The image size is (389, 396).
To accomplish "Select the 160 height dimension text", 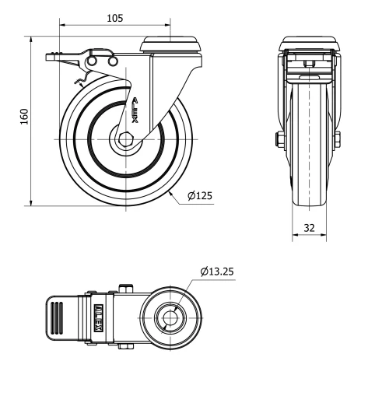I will click(x=24, y=117).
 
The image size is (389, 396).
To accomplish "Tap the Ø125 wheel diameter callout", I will click(x=200, y=196).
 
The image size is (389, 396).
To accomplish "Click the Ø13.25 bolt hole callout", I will click(x=217, y=272).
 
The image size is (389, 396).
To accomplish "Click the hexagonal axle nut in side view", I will click(x=124, y=140).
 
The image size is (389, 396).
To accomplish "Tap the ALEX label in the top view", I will click(x=99, y=317).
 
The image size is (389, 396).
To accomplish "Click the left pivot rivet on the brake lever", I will click(x=93, y=60).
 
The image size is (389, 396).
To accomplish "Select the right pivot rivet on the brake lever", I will click(x=110, y=60).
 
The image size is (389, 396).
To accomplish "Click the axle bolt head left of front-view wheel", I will click(x=278, y=140).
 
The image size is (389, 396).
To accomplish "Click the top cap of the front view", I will click(x=310, y=44).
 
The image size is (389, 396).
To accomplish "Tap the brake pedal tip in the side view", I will click(x=51, y=56).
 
